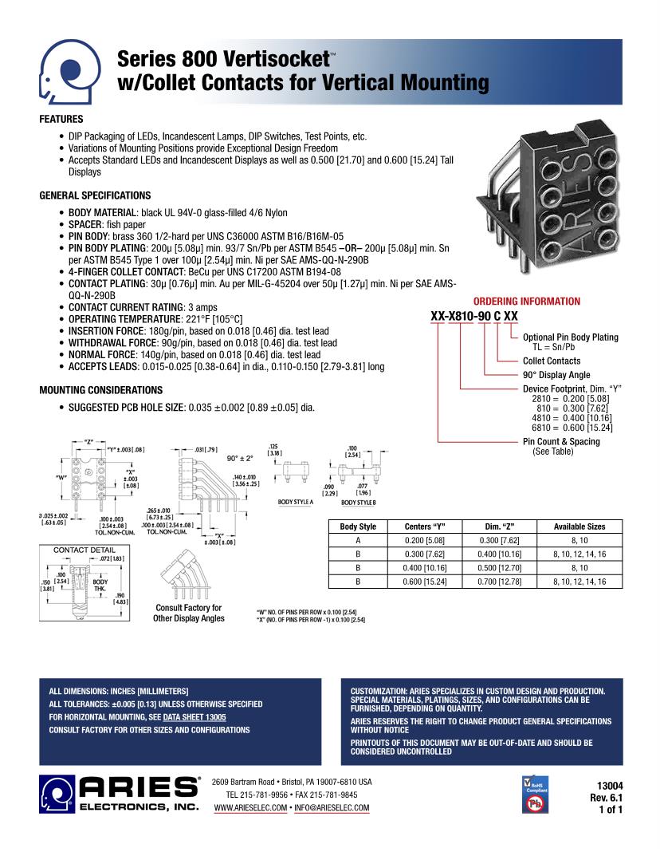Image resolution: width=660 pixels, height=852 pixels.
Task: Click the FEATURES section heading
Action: (x=61, y=120)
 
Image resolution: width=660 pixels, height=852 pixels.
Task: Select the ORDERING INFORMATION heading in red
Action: (x=527, y=302)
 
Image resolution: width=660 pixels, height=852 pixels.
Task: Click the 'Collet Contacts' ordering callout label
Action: (x=552, y=361)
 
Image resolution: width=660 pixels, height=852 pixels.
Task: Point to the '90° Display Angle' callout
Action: (x=556, y=375)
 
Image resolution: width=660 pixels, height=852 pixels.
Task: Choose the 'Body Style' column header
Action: (x=358, y=527)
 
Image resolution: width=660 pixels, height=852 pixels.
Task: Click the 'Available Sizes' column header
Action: (x=579, y=527)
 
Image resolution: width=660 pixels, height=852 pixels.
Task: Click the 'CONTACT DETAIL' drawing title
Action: (x=84, y=550)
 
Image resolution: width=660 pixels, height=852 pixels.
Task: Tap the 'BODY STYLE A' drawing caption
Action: (x=296, y=503)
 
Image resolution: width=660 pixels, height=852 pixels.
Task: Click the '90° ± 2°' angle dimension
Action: (x=239, y=459)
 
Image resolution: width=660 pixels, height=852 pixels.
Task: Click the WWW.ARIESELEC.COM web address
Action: (x=250, y=808)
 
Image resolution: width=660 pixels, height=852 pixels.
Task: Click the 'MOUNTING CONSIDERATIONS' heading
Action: (x=100, y=390)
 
